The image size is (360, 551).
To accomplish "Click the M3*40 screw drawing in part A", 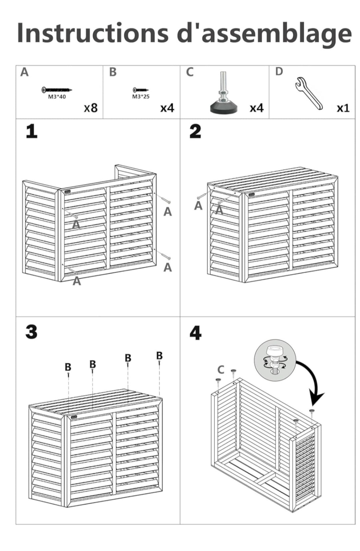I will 57,90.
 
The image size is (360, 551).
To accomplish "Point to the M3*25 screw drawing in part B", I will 140,90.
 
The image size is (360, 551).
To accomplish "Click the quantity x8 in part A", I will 91,108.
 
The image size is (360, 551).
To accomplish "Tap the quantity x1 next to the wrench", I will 343,108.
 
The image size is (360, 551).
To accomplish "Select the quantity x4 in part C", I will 257,108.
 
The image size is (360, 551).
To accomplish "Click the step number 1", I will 32,131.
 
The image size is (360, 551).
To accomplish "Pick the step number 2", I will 195,131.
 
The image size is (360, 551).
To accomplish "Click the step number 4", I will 195,333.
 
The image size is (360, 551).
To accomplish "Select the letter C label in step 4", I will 221,369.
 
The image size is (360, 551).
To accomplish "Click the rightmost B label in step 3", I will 159,356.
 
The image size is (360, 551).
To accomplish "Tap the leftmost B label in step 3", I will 68,367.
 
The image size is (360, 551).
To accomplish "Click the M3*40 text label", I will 57,97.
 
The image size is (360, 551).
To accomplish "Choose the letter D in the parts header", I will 279,72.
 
